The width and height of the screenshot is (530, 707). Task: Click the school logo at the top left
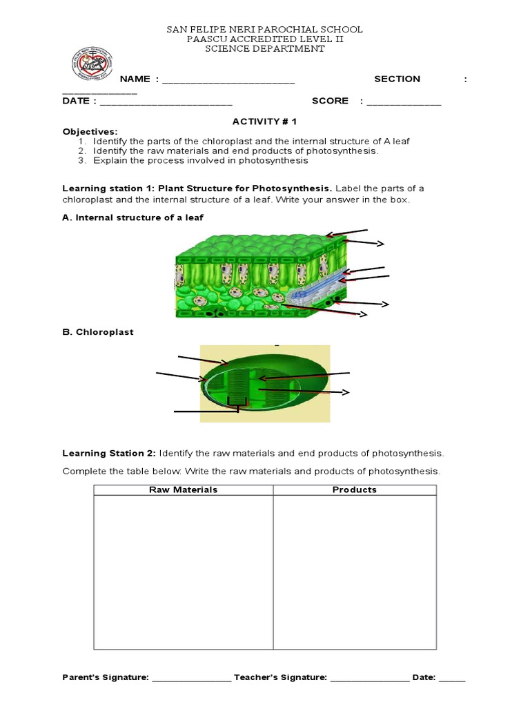(92, 65)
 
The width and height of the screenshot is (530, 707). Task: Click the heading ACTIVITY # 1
(264, 122)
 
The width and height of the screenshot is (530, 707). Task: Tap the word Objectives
(90, 131)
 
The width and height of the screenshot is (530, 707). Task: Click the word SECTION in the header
(397, 79)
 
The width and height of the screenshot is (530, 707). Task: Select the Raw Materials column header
(184, 490)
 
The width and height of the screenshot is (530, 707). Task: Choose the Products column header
(355, 490)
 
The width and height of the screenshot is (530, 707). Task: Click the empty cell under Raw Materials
(184, 572)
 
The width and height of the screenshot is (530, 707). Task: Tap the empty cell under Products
(355, 572)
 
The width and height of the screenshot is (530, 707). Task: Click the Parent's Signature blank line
(191, 679)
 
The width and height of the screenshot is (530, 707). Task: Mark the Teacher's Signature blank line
(369, 679)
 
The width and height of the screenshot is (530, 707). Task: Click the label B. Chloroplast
(98, 332)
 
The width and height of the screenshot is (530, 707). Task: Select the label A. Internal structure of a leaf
(133, 217)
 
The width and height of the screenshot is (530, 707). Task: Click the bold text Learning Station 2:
(110, 454)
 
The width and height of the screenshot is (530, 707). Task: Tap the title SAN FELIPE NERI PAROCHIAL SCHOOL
(265, 30)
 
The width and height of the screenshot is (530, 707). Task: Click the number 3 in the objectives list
(81, 160)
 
